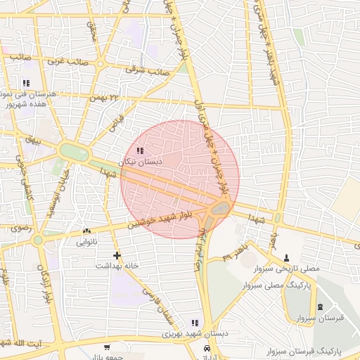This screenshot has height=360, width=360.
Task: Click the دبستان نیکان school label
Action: click(140, 161)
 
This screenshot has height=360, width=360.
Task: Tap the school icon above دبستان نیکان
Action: click(140, 150)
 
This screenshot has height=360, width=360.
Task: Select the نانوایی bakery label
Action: click(86, 242)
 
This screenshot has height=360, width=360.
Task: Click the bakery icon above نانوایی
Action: click(86, 231)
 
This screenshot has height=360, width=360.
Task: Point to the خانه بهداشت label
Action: click(117, 266)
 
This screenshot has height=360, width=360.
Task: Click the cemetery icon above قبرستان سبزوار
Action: click(321, 307)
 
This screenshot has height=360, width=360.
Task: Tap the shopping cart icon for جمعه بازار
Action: click(106, 347)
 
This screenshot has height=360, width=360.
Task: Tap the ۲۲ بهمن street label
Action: click(106, 96)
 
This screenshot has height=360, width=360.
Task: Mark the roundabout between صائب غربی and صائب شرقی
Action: click(100, 64)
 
